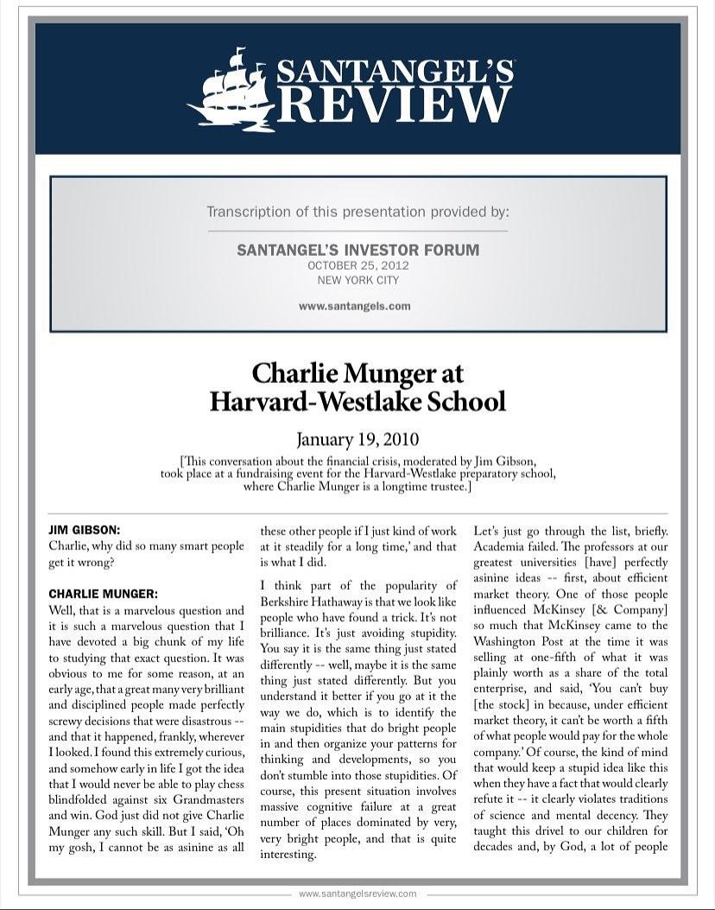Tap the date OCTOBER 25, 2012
coord(357,265)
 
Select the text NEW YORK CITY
coord(357,280)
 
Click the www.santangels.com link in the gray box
coord(354,306)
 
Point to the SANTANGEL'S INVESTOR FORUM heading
coord(357,250)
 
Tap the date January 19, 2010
coord(357,439)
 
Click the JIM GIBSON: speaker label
coord(84,530)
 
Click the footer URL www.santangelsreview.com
coord(357,894)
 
